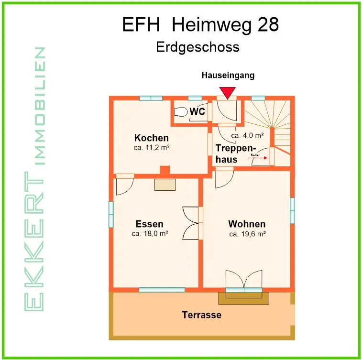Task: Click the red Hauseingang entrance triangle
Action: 227,92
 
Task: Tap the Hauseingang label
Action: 228,76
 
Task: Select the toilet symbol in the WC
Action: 181,112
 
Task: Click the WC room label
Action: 197,112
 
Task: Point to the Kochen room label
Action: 151,138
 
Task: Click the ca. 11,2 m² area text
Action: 152,148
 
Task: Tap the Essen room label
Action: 149,224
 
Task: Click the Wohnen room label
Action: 247,224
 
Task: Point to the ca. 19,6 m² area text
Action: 247,234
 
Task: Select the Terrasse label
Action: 201,315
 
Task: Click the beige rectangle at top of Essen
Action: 165,185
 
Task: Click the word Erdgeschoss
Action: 197,47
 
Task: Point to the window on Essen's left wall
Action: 111,214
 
